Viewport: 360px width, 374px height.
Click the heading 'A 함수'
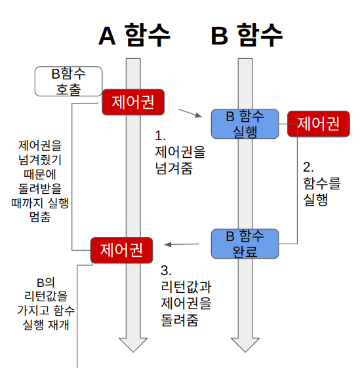click(x=134, y=36)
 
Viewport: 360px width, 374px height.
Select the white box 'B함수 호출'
click(x=68, y=81)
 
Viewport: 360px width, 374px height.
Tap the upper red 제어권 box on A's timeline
click(x=132, y=102)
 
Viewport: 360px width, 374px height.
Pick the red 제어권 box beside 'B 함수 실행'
click(x=318, y=123)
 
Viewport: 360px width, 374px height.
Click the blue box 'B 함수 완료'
click(x=245, y=243)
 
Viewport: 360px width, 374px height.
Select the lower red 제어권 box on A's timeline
click(x=121, y=250)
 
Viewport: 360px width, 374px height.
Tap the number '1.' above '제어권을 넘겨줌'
click(x=160, y=136)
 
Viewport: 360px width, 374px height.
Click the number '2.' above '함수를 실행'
click(x=309, y=166)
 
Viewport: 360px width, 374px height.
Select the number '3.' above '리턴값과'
click(x=166, y=271)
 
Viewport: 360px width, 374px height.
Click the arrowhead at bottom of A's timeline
click(x=133, y=345)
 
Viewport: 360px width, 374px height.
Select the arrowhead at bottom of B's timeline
click(x=245, y=345)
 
